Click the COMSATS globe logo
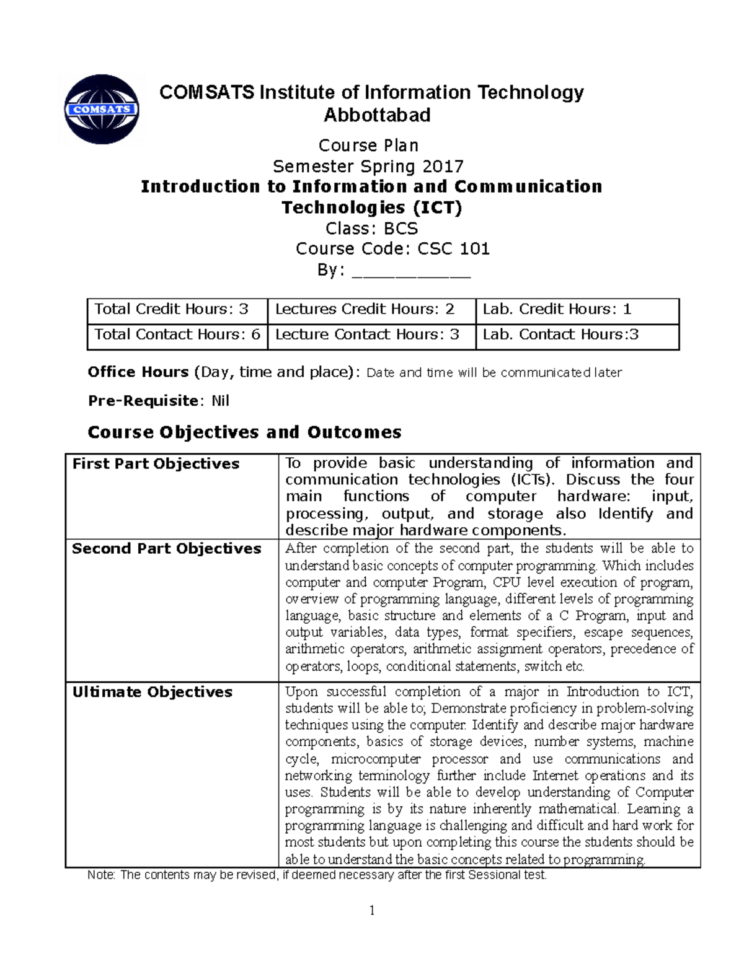pos(102,110)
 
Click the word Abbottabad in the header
pos(377,115)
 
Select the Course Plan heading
pos(368,146)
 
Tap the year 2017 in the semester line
pos(443,167)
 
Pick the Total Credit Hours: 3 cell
pos(172,310)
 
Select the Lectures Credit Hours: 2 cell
pos(365,310)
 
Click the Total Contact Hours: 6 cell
pos(177,335)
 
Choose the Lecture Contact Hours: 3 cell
pos(367,335)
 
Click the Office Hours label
pos(138,372)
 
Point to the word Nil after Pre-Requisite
pos(220,401)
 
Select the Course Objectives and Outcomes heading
pos(244,432)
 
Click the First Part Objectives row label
pos(156,464)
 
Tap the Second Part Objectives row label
pos(166,549)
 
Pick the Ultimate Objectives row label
pos(152,692)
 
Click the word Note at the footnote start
pos(100,875)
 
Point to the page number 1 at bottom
pos(372,911)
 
